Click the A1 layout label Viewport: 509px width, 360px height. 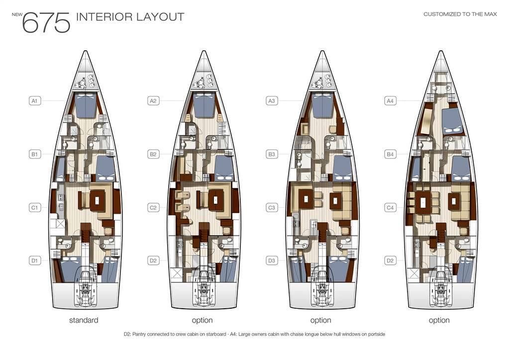(x=35, y=101)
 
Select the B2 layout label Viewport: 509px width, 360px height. (x=153, y=154)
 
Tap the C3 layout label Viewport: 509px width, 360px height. (x=272, y=207)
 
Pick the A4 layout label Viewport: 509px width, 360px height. (x=390, y=101)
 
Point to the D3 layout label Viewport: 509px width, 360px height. (x=272, y=260)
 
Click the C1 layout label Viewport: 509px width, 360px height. (x=35, y=207)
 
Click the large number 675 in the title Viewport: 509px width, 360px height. (x=46, y=23)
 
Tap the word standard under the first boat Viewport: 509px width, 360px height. (x=84, y=320)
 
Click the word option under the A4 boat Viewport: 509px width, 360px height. (x=439, y=320)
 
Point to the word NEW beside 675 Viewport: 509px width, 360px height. (x=17, y=14)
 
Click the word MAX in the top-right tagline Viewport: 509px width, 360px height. (x=490, y=14)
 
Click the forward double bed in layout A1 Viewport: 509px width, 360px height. (x=86, y=105)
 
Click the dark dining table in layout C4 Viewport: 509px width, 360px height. (x=423, y=202)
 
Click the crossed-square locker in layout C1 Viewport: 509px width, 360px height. (x=61, y=224)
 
